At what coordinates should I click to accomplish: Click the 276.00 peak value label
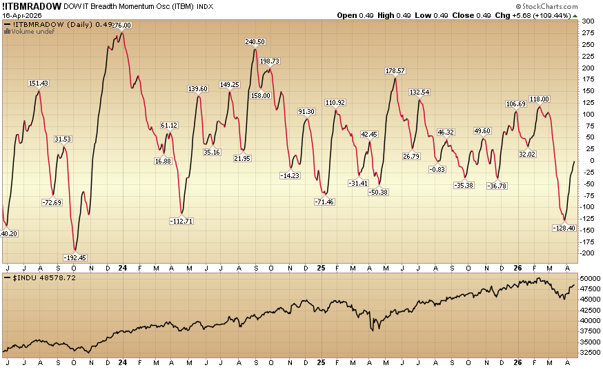pyautogui.click(x=121, y=26)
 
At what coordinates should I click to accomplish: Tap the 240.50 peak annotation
pyautogui.click(x=255, y=42)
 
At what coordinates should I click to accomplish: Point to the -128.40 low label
pyautogui.click(x=564, y=228)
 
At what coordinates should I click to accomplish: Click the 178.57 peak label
pyautogui.click(x=395, y=71)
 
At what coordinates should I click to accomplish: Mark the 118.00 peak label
pyautogui.click(x=540, y=99)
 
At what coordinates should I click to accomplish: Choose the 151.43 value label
pyautogui.click(x=39, y=84)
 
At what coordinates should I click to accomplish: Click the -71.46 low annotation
pyautogui.click(x=324, y=202)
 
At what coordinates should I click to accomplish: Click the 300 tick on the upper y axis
pyautogui.click(x=587, y=21)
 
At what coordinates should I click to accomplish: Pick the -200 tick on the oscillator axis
pyautogui.click(x=587, y=253)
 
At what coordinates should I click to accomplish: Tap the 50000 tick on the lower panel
pyautogui.click(x=591, y=278)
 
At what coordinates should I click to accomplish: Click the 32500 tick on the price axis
pyautogui.click(x=591, y=352)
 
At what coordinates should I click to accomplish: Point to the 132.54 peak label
pyautogui.click(x=419, y=92)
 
